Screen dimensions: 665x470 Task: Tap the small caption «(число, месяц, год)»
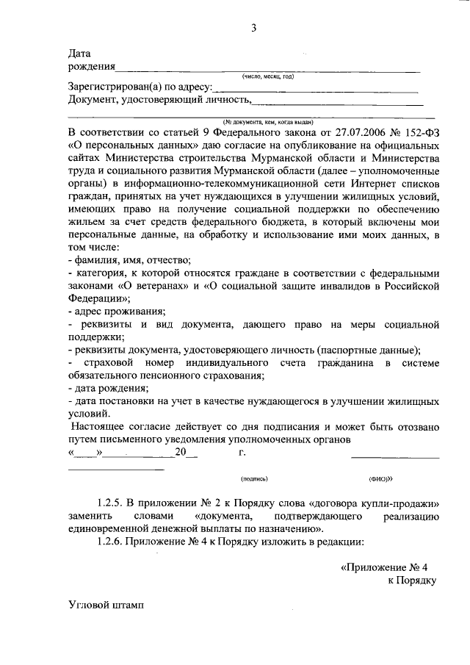268,76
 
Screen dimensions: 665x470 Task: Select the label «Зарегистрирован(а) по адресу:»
140,87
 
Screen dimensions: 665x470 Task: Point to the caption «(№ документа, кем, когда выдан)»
269,121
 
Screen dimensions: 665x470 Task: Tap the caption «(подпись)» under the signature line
255,478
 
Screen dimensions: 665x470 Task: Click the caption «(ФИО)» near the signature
380,478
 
